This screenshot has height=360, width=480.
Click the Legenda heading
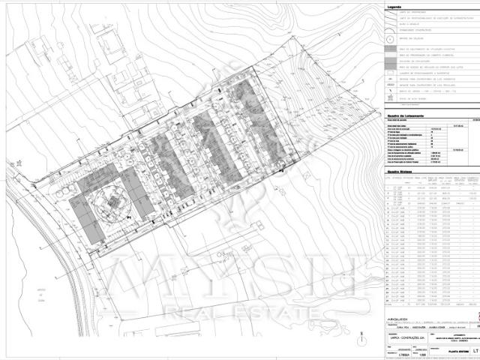point(394,7)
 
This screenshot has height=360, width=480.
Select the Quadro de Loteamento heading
point(405,115)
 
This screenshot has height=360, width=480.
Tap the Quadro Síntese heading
point(400,170)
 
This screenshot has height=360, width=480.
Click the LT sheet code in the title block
point(467,349)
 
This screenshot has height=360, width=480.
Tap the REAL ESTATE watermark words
point(239,310)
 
